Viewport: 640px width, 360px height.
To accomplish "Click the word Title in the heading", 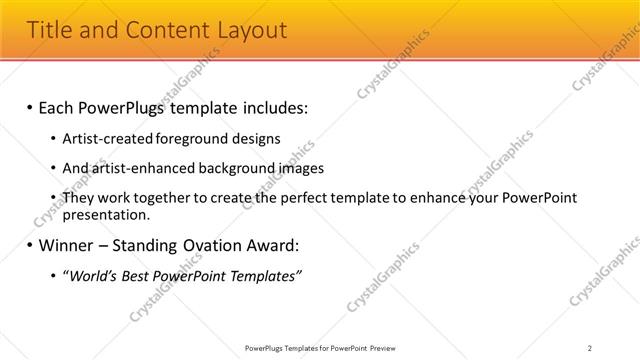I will tap(50, 30).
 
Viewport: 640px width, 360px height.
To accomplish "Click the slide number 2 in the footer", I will tap(590, 347).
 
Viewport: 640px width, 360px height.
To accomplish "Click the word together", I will tap(167, 198).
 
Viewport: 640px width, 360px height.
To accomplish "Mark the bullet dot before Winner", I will tap(29, 244).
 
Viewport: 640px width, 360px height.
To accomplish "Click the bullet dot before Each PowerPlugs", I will tap(29, 106).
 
